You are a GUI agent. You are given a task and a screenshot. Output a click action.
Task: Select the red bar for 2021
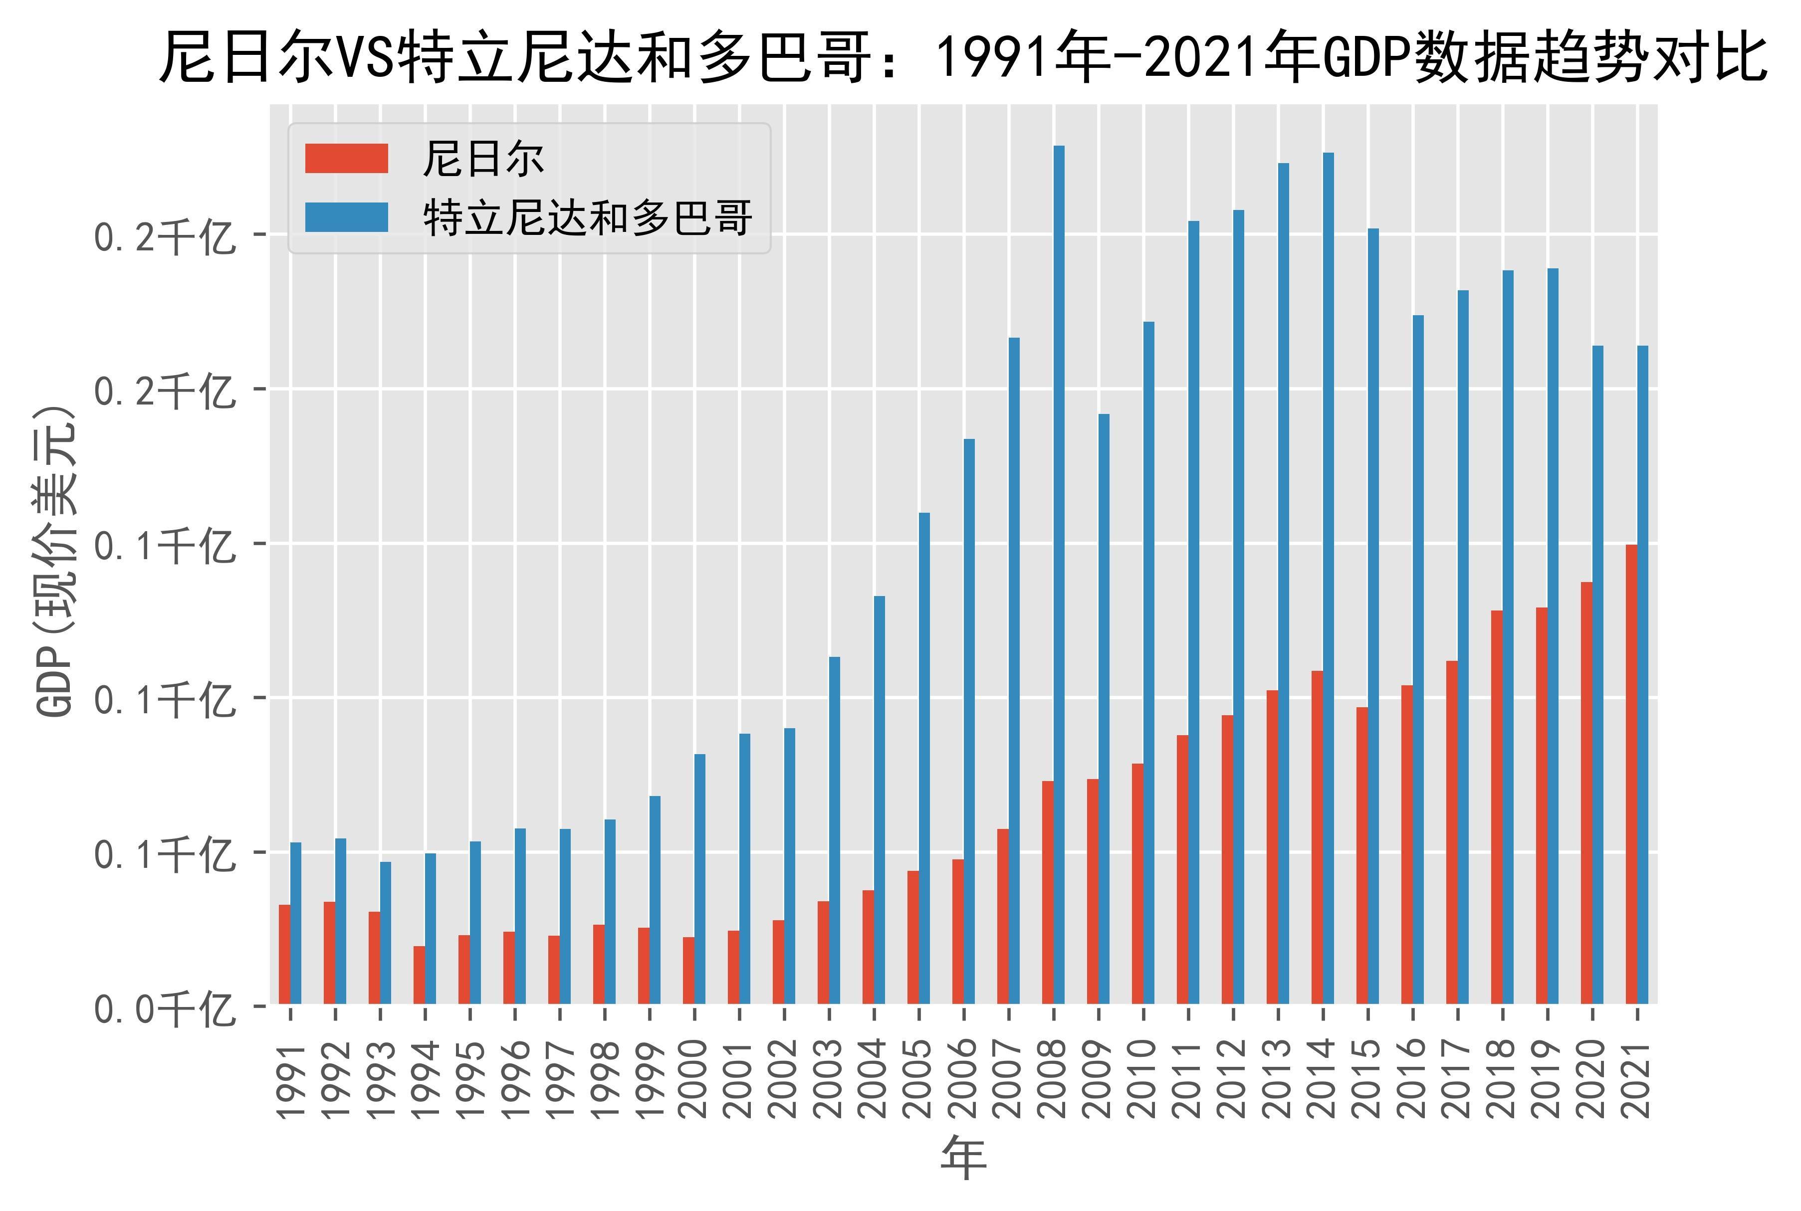[x=1631, y=774]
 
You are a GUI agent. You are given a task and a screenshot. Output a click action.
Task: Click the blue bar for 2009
[x=1104, y=709]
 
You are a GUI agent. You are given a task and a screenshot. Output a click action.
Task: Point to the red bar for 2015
[x=1361, y=856]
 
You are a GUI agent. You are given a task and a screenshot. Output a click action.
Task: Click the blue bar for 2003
[x=834, y=830]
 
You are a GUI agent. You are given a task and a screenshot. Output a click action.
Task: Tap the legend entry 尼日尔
[x=483, y=159]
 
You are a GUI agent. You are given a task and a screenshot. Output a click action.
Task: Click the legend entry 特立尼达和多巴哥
[x=588, y=218]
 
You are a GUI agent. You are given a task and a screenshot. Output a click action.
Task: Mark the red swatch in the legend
[x=346, y=159]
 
